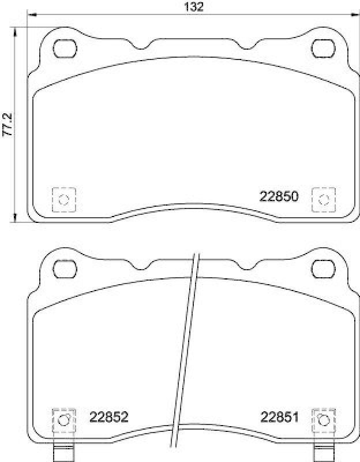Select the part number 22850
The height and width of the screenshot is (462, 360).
pos(278,196)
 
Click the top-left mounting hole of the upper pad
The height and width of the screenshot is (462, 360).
pos(65,47)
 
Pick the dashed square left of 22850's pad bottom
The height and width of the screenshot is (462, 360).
pos(64,200)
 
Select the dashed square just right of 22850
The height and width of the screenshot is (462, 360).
pos(323,200)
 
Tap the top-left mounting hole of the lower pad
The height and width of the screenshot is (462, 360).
pos(65,268)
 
